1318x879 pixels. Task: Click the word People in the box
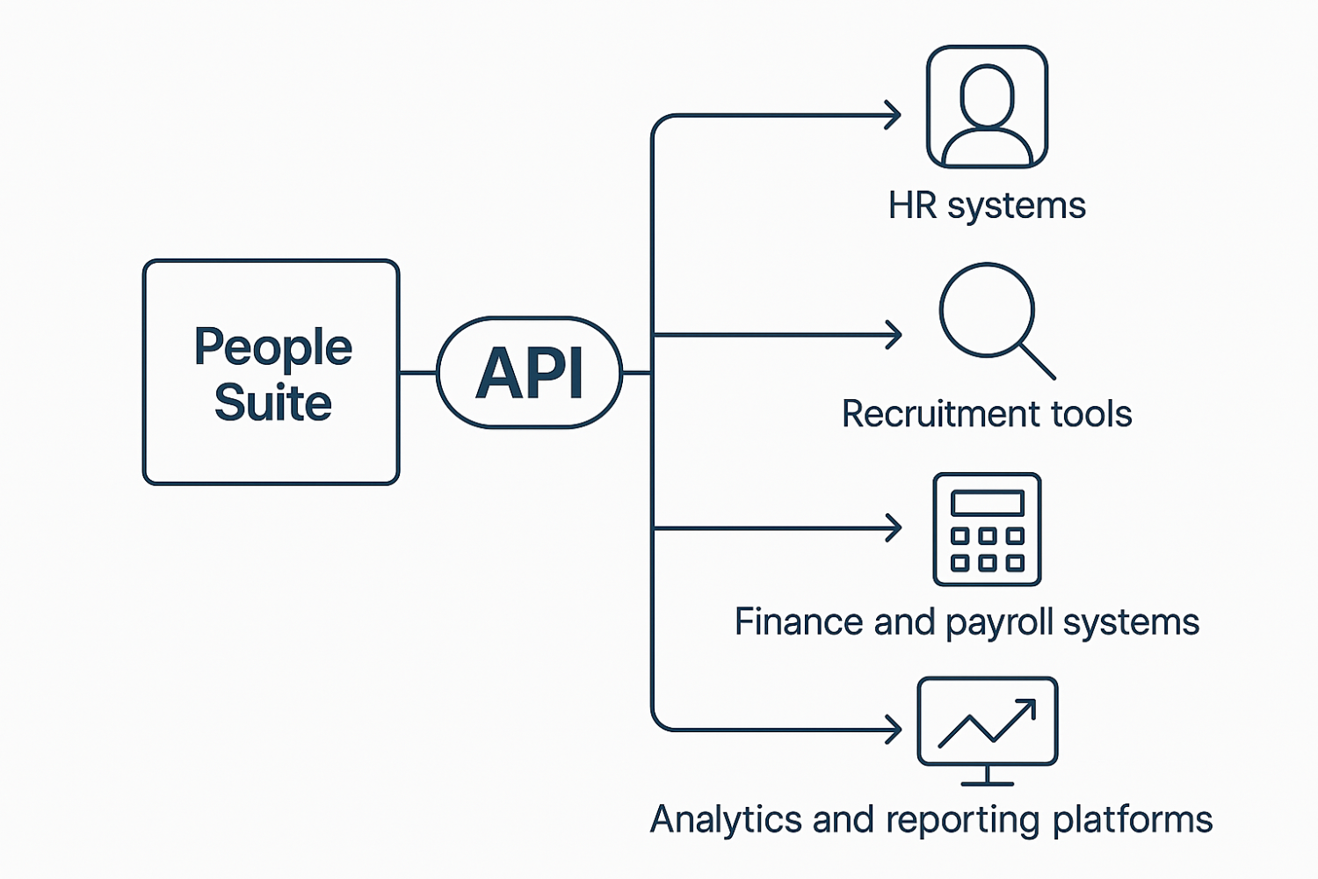point(272,348)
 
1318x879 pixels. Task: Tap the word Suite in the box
point(272,403)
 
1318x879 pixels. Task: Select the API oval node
point(529,373)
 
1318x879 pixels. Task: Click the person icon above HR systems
point(987,107)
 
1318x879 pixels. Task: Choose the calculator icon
point(987,529)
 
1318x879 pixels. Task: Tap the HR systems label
point(987,206)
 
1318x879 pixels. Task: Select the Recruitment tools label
point(987,414)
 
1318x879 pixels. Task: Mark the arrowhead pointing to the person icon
point(894,115)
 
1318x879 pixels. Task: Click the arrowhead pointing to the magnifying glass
point(894,335)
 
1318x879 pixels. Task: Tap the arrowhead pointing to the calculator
point(894,528)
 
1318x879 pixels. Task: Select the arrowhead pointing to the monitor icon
point(894,730)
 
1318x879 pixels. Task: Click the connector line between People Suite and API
point(418,373)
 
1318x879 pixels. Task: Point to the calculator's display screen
point(987,504)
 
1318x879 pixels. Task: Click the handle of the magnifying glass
point(1037,360)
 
